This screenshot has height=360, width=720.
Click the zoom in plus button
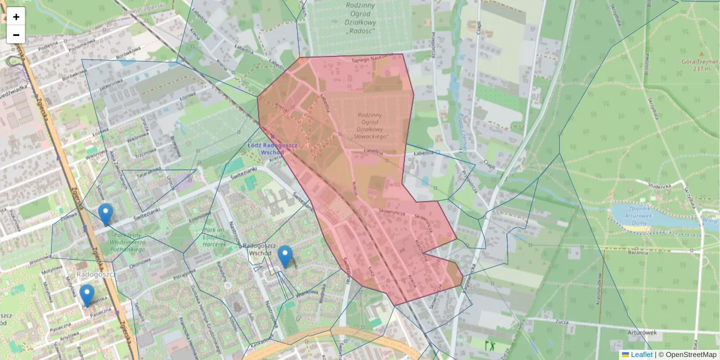click(x=16, y=17)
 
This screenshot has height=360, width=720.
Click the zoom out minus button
click(x=16, y=35)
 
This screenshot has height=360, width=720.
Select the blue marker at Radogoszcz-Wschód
click(x=285, y=256)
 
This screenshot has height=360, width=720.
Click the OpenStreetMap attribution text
click(x=691, y=355)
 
